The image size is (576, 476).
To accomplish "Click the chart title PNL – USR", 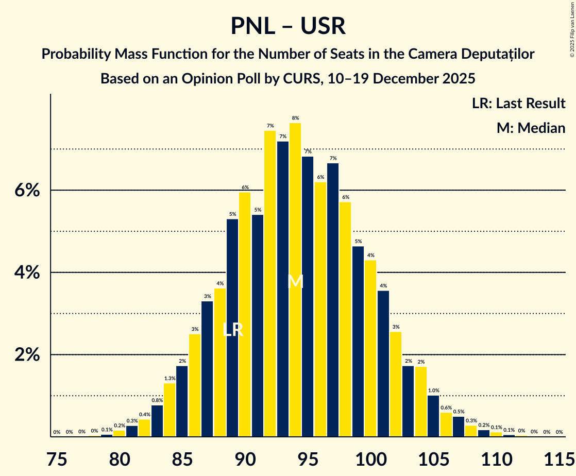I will click(x=287, y=26).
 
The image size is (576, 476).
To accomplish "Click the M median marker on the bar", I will click(x=295, y=281).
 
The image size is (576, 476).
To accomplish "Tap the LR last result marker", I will click(x=232, y=330).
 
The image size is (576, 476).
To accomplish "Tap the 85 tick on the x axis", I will click(x=182, y=457).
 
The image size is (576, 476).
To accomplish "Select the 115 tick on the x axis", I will click(x=559, y=457).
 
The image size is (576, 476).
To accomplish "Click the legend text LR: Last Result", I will click(x=518, y=103).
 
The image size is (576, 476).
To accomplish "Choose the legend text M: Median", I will click(x=531, y=128).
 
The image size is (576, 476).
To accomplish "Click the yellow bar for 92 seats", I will click(x=270, y=283).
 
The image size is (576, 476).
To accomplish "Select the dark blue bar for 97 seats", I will click(x=333, y=299).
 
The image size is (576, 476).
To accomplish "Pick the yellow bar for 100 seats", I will click(x=370, y=348).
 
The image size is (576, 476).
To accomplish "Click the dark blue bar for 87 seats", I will click(x=207, y=368).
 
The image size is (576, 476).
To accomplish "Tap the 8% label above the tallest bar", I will click(x=295, y=118).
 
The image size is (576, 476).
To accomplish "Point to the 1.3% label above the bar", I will click(x=170, y=378).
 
